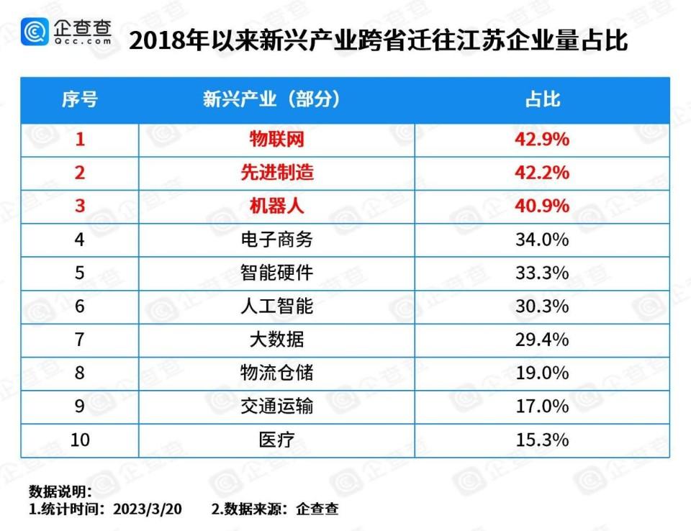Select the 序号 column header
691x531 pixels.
79,99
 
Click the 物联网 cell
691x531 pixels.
277,140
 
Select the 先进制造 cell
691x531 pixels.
277,173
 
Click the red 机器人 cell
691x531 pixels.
277,206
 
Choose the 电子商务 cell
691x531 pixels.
277,240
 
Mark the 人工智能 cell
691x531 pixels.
277,306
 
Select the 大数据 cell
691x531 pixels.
277,340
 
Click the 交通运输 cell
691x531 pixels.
277,407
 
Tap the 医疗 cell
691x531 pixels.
277,440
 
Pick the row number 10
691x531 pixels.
80,440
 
